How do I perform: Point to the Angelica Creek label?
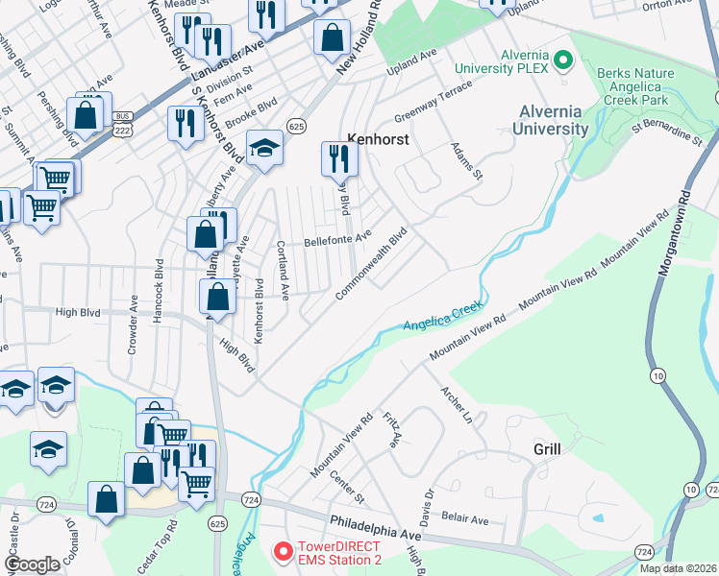click(441, 316)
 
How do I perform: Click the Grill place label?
click(546, 448)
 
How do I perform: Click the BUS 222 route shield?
click(120, 122)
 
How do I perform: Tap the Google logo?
click(32, 564)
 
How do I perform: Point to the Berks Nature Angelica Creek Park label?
click(642, 84)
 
